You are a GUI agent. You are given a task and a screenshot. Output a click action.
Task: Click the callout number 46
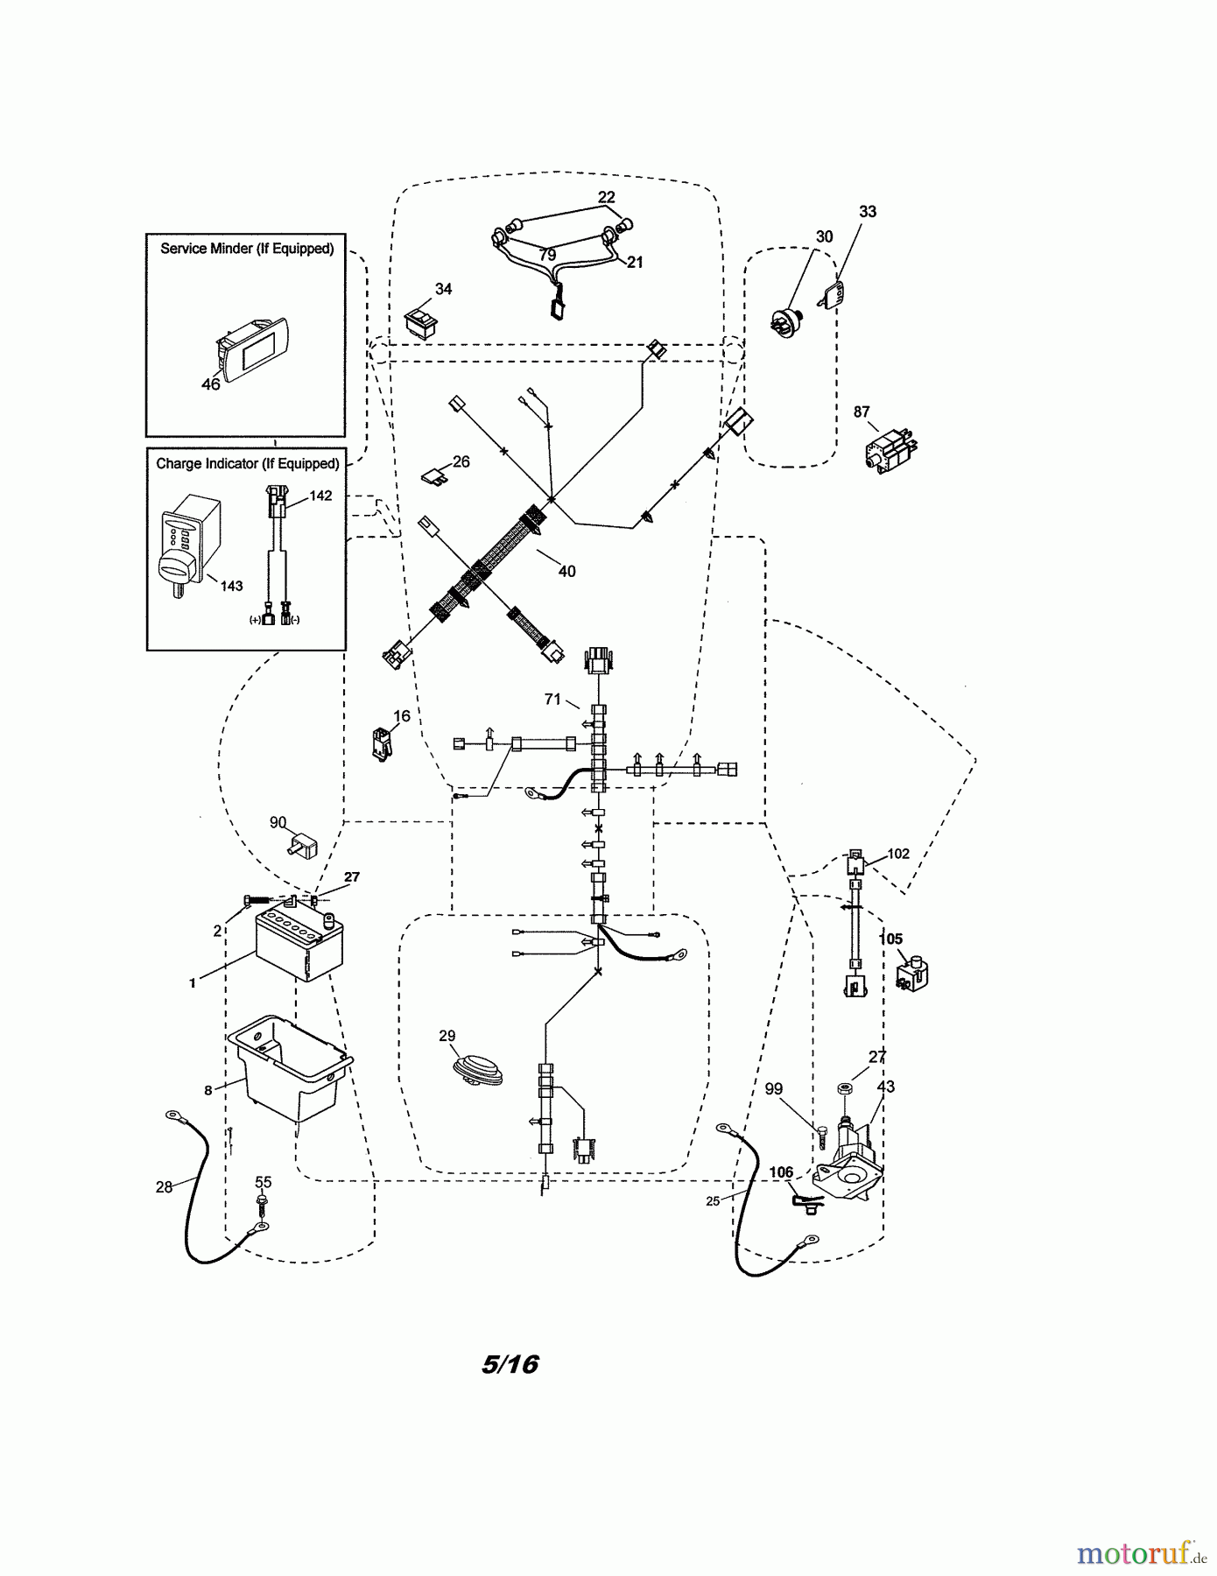pos(211,384)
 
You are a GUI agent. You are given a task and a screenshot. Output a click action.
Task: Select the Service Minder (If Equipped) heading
pos(247,249)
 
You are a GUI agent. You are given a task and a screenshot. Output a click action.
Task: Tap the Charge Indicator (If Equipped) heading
pos(247,463)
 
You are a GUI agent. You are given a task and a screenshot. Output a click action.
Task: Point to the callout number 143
pos(231,586)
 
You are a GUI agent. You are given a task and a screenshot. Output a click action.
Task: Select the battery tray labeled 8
pos(289,1068)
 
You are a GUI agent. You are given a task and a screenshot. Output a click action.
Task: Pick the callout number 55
pos(263,1183)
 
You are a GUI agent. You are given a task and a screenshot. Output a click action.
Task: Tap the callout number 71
pos(552,699)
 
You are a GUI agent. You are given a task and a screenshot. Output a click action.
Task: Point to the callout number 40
pos(566,572)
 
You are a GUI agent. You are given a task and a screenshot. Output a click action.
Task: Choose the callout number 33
pos(867,212)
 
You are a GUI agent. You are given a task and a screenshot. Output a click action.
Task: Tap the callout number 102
pos(898,854)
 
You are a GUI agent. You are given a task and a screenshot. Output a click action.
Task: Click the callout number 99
pos(774,1089)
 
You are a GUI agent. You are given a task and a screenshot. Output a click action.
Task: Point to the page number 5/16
pos(510,1364)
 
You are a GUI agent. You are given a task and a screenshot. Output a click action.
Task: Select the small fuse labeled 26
pos(435,475)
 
